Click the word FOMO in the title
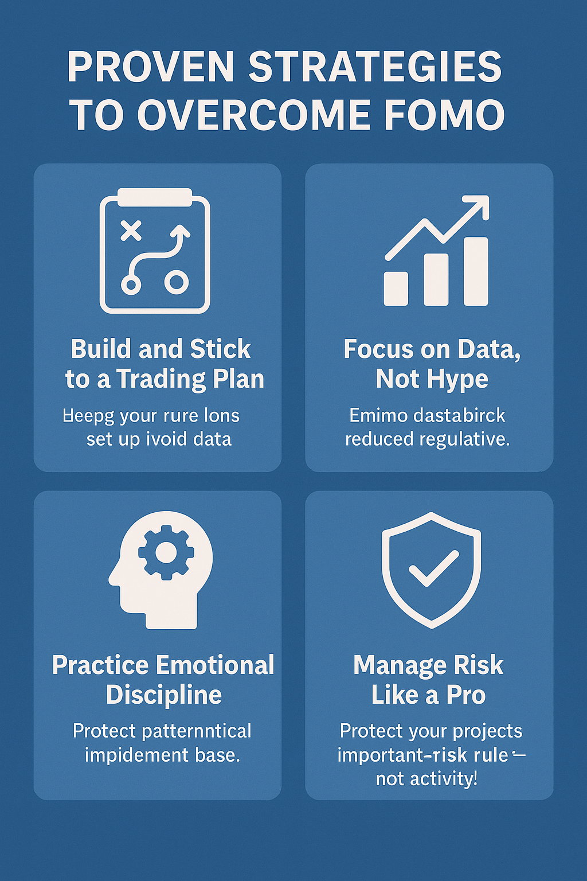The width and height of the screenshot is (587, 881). (x=444, y=115)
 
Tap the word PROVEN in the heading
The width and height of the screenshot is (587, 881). (x=151, y=67)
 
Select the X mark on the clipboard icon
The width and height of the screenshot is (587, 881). (x=131, y=231)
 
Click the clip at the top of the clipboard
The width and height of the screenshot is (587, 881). (x=155, y=197)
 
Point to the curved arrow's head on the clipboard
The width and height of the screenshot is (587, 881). (x=182, y=231)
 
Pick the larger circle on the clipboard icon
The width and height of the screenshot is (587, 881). (x=177, y=282)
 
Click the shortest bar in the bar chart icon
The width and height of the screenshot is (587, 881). (x=396, y=289)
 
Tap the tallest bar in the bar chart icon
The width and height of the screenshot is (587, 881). (x=476, y=271)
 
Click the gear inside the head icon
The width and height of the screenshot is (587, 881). (x=166, y=552)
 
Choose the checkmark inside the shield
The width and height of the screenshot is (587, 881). (x=433, y=568)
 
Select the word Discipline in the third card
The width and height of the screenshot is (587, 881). (x=164, y=695)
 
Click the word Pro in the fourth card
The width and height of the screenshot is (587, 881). (x=465, y=695)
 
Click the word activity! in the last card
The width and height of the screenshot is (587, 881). (x=426, y=779)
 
